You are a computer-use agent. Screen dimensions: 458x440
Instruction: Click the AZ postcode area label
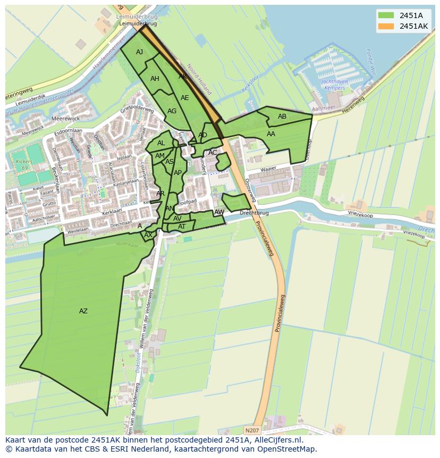pyautogui.click(x=83, y=311)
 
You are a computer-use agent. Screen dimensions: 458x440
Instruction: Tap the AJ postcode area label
pyautogui.click(x=139, y=52)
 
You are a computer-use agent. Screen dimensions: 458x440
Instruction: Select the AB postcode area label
pyautogui.click(x=282, y=116)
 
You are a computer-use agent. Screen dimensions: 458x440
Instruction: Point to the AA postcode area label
pyautogui.click(x=271, y=134)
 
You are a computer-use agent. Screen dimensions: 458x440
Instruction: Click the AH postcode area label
pyautogui.click(x=155, y=79)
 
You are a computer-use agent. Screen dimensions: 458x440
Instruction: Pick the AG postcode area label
pyautogui.click(x=172, y=111)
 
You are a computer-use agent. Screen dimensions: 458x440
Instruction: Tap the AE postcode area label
pyautogui.click(x=184, y=98)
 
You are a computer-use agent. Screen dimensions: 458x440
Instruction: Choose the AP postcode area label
pyautogui.click(x=177, y=173)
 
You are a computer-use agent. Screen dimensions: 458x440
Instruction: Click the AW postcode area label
pyautogui.click(x=219, y=212)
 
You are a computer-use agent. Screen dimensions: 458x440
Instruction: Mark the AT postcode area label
pyautogui.click(x=182, y=227)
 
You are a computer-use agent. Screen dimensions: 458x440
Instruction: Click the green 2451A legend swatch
pyautogui.click(x=386, y=15)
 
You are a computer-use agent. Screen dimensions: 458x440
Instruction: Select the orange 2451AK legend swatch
pyautogui.click(x=386, y=26)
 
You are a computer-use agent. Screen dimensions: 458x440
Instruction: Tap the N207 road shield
pyautogui.click(x=253, y=430)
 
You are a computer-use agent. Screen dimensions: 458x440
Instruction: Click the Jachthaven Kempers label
pyautogui.click(x=334, y=84)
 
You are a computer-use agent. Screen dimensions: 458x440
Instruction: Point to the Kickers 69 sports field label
pyautogui.click(x=21, y=164)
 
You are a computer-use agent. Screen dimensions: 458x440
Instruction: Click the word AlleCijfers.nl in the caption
pyautogui.click(x=277, y=440)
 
